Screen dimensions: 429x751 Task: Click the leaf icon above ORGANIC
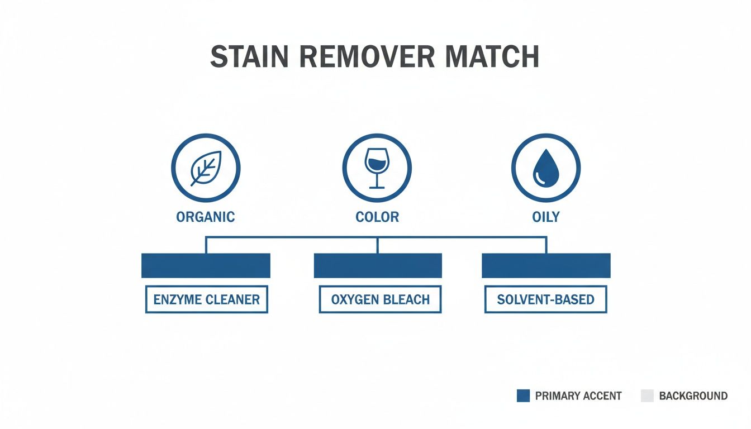pyautogui.click(x=205, y=168)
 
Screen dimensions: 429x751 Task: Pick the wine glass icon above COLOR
pyautogui.click(x=377, y=168)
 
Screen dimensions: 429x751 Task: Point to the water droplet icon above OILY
pyautogui.click(x=546, y=168)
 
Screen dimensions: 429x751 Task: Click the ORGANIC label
pyautogui.click(x=206, y=217)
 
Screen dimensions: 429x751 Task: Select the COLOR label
pyautogui.click(x=377, y=217)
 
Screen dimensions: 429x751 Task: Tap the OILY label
pyautogui.click(x=546, y=217)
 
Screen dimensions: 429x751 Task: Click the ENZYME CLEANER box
pyautogui.click(x=207, y=299)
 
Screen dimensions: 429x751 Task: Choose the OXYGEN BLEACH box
pyautogui.click(x=380, y=299)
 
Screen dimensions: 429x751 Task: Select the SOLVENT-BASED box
pyautogui.click(x=545, y=299)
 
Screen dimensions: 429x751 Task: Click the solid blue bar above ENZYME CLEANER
pyautogui.click(x=206, y=265)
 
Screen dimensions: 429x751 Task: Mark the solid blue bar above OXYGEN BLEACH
pyautogui.click(x=378, y=265)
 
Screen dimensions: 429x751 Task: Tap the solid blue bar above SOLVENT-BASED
pyautogui.click(x=546, y=265)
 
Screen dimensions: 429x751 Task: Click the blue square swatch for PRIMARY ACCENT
pyautogui.click(x=523, y=396)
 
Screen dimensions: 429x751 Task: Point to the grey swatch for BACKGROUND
pyautogui.click(x=647, y=396)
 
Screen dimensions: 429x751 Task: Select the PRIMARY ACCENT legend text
pyautogui.click(x=578, y=396)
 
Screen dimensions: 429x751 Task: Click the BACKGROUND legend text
pyautogui.click(x=693, y=396)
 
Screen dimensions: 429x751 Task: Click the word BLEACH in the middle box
pyautogui.click(x=406, y=299)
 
